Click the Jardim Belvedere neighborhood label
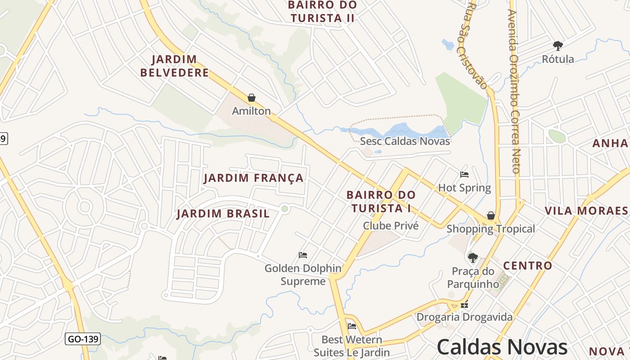[174, 66]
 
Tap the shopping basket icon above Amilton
[252, 98]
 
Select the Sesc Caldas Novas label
[405, 141]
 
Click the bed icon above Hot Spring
[464, 175]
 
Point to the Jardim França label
[254, 178]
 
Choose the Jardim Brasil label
[223, 214]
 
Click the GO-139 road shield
[83, 339]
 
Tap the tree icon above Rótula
[558, 45]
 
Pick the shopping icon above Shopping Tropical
[491, 216]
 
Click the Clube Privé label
[391, 226]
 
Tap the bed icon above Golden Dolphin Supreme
[303, 255]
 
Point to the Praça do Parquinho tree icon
[472, 258]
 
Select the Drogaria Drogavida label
[464, 317]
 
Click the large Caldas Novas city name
[502, 347]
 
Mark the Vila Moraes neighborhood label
[586, 211]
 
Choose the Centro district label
[527, 265]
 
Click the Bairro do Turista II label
[322, 12]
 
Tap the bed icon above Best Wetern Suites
[352, 326]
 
